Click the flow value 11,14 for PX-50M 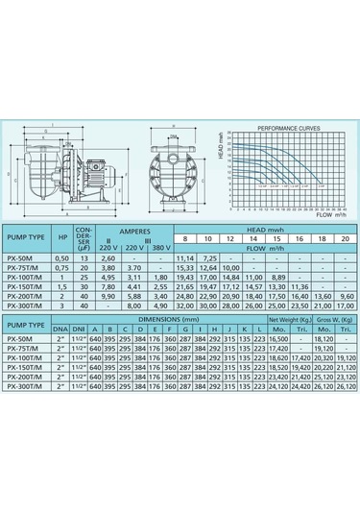click(184, 258)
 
